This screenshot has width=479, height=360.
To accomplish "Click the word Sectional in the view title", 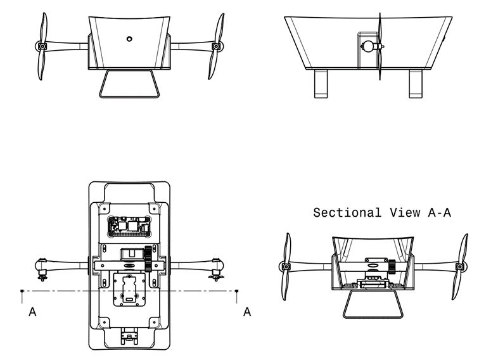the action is point(347,213).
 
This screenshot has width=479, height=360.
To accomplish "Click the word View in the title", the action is point(405,213).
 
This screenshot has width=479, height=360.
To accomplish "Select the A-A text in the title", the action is point(440,213).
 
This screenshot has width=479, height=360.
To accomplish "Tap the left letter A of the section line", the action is point(32,312).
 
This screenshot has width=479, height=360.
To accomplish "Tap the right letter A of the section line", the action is point(247,312).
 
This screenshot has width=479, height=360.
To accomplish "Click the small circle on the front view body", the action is point(129,39).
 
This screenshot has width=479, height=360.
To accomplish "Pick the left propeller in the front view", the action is point(42,46).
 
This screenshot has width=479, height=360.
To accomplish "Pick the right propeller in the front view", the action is point(216,46).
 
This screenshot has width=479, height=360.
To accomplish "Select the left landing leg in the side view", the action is point(322,84).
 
